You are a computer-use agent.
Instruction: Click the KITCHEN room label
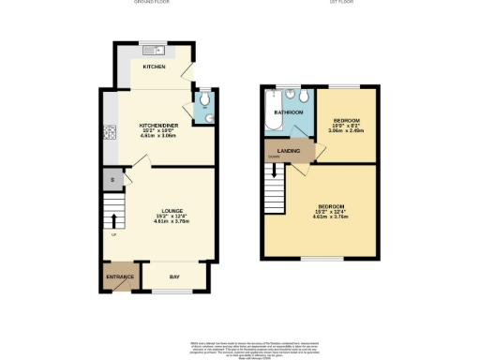(154, 67)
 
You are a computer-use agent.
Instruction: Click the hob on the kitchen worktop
(109, 132)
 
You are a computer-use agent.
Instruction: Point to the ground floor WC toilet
(204, 116)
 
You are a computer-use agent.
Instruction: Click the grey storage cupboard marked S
(112, 180)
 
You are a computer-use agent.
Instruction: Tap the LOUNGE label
(172, 211)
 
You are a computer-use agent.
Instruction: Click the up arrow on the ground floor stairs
(115, 222)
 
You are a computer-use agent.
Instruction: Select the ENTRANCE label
(120, 277)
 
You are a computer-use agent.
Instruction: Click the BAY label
(174, 277)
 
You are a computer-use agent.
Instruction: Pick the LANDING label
(288, 150)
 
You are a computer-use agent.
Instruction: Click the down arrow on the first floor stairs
(275, 172)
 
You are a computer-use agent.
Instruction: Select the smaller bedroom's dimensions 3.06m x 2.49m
(344, 132)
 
